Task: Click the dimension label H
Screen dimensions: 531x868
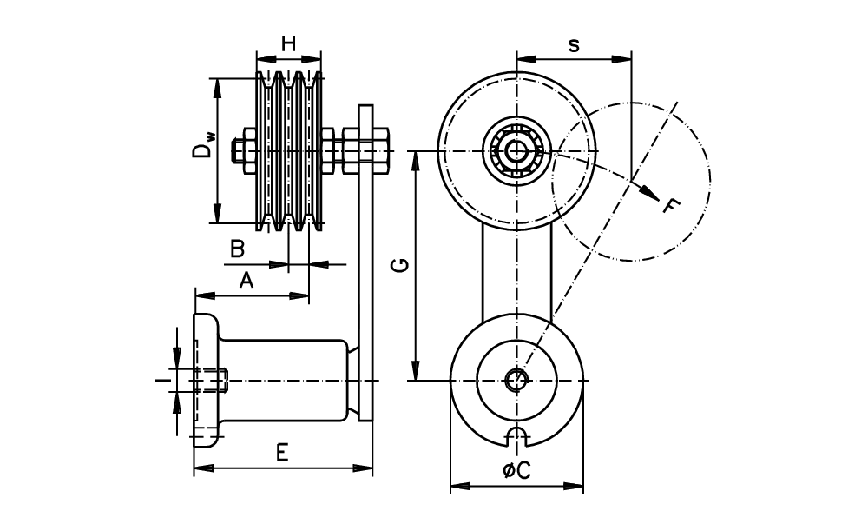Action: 289,43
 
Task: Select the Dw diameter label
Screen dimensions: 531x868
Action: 201,143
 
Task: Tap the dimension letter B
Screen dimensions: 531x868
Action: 236,249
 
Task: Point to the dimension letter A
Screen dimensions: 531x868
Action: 247,280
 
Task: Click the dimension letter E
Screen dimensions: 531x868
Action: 281,453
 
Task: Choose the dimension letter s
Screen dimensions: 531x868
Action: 574,45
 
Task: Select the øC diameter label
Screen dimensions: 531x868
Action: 516,470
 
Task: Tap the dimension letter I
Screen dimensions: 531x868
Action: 160,380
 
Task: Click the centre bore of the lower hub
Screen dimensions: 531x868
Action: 516,380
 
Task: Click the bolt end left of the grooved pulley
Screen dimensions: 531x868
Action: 238,151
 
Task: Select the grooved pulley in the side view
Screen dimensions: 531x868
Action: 290,151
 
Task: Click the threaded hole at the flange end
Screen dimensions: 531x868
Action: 213,380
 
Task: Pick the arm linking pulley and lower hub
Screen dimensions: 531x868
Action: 516,269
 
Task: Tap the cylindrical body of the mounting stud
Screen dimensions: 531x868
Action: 286,380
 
